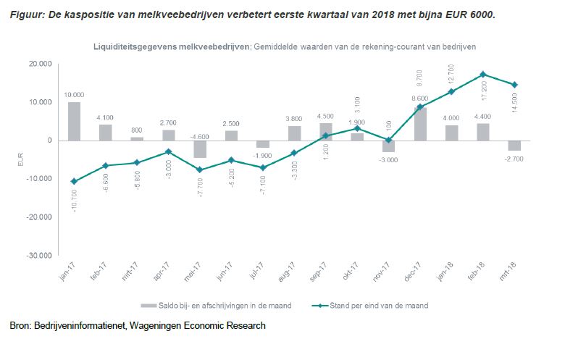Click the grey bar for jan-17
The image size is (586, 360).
74,121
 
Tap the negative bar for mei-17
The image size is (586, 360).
200,148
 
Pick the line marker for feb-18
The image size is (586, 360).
482,74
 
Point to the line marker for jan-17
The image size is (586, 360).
74,181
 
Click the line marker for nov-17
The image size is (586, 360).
388,140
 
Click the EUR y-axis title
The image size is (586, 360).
20,159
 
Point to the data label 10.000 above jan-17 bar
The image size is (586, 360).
75,95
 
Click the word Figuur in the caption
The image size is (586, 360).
26,14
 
